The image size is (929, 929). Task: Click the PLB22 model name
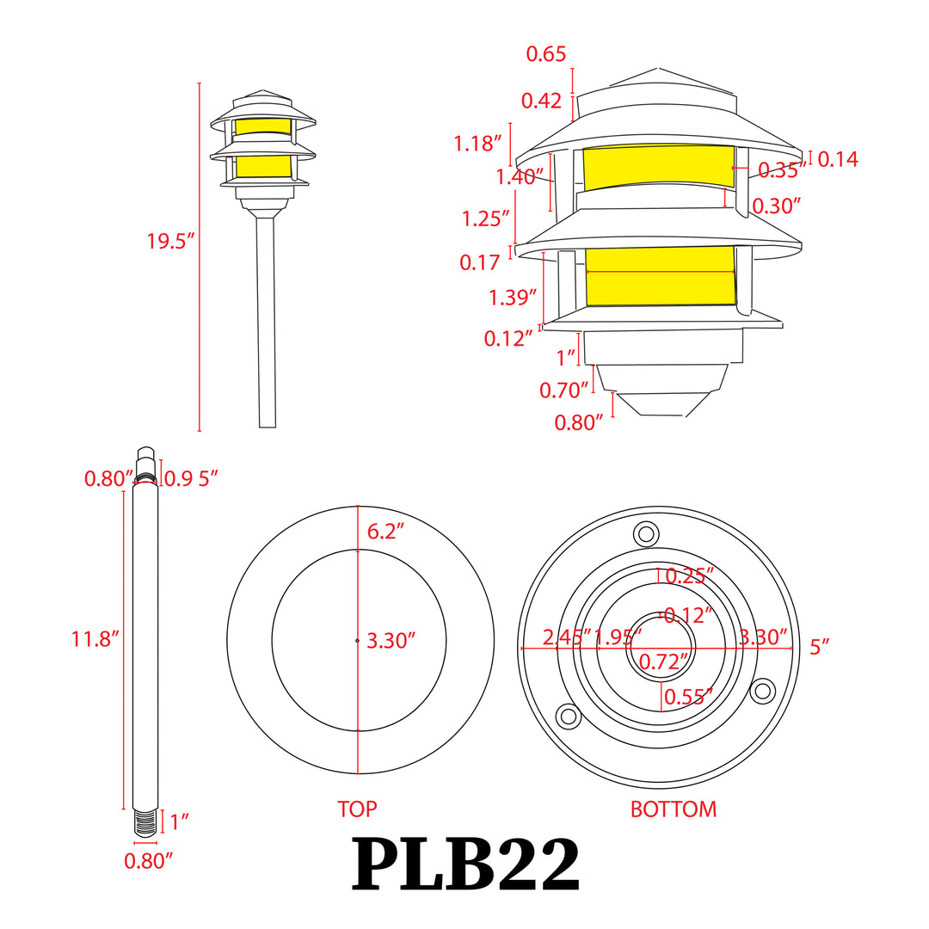click(x=465, y=866)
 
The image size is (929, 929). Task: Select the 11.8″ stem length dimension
click(x=95, y=638)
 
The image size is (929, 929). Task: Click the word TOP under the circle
click(x=357, y=809)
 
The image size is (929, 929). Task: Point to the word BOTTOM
click(x=673, y=809)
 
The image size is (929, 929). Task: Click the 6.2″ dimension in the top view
click(x=385, y=532)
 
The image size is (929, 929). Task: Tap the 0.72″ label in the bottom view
click(x=664, y=661)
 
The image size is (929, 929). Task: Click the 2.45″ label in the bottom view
click(x=567, y=637)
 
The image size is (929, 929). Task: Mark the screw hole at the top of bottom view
click(x=644, y=533)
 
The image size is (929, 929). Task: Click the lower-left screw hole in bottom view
click(x=567, y=715)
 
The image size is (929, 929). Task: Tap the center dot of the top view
click(x=357, y=640)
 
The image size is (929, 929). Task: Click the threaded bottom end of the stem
click(x=146, y=822)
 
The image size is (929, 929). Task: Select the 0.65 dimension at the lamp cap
click(x=545, y=54)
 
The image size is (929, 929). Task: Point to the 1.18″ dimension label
click(x=478, y=144)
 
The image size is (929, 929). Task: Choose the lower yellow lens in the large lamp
click(x=661, y=275)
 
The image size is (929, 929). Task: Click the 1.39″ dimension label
click(x=514, y=298)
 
